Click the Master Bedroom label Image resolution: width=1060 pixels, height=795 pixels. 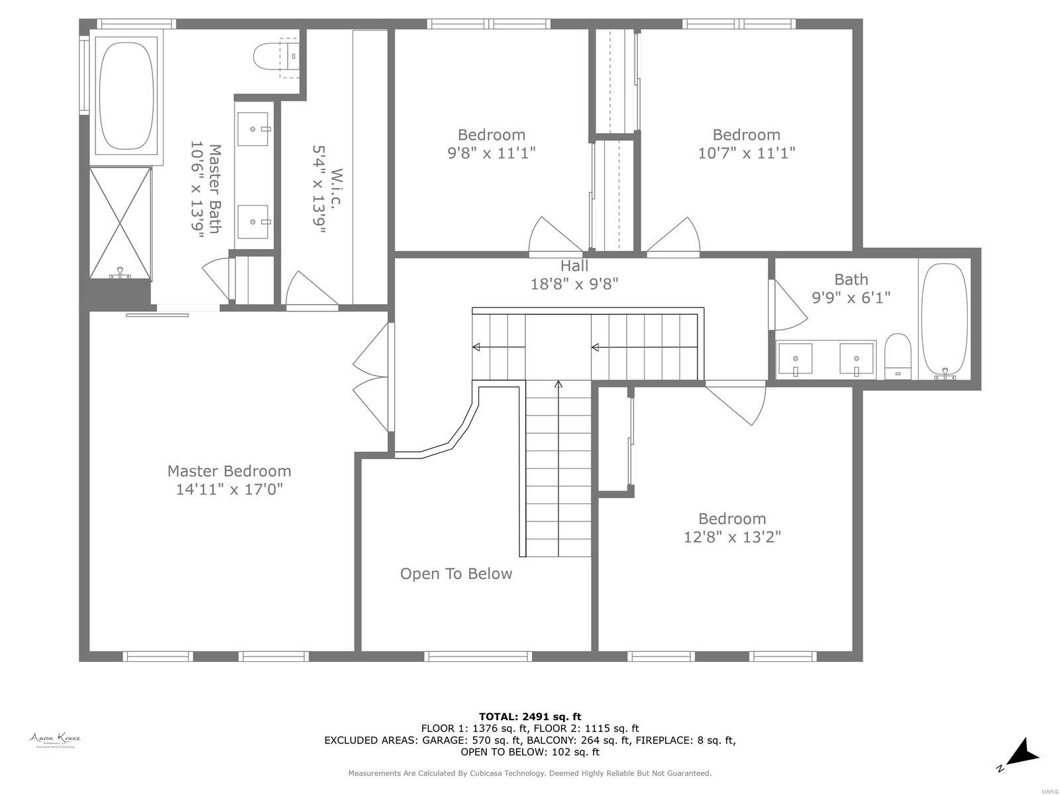point(229,471)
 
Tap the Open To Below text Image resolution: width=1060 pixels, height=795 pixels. point(456,574)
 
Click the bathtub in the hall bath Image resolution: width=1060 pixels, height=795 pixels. point(944,320)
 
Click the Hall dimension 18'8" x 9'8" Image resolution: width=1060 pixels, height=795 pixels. point(574,284)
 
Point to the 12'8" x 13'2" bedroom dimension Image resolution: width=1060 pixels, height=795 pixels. point(732,537)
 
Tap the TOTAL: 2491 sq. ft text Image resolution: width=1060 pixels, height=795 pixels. point(530,716)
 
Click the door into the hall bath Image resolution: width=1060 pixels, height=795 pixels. point(788,305)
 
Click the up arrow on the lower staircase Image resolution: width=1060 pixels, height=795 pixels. point(558,385)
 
